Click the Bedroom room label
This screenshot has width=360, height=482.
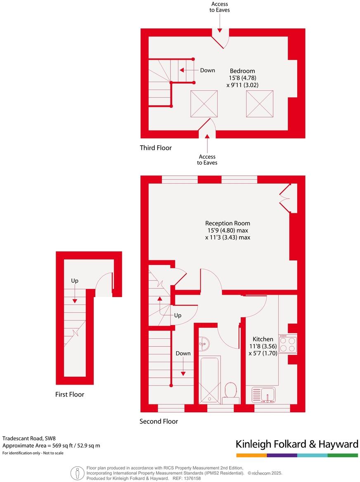coord(242,71)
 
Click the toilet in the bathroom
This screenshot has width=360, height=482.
coord(230,392)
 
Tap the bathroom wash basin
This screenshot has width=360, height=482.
coord(204,343)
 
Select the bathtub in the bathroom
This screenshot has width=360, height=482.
coord(210,380)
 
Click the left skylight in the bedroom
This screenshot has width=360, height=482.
coord(204,104)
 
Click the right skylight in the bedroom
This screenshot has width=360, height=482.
coord(260,104)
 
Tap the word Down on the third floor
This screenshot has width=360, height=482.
coord(208,70)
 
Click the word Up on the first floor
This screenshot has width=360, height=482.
coord(74,281)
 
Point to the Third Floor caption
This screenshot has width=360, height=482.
coord(156,148)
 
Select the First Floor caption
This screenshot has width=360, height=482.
coord(70,395)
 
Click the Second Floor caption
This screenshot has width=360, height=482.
coord(159,421)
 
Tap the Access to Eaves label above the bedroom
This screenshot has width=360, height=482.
coord(220,7)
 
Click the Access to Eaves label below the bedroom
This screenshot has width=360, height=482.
coord(207,159)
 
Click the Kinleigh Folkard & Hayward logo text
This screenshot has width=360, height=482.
coord(296,444)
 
